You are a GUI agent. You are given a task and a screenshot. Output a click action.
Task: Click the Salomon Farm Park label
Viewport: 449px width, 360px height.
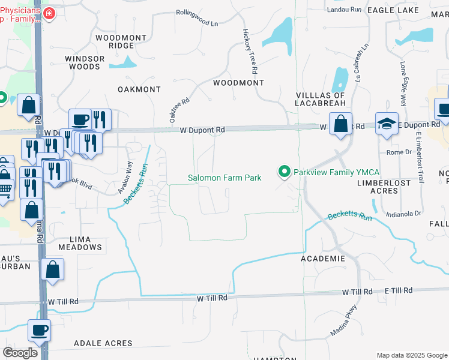(224, 178)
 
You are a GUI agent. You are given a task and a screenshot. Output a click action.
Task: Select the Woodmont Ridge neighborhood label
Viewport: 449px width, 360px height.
(121, 41)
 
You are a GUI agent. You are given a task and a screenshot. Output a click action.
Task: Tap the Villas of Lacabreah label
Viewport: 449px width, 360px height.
(321, 99)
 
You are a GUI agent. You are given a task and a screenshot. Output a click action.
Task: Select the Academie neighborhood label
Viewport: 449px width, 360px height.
(322, 259)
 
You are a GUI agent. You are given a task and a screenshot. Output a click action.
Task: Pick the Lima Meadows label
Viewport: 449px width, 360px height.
(80, 243)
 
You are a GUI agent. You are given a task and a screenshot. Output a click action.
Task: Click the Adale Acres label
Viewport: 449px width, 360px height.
(103, 343)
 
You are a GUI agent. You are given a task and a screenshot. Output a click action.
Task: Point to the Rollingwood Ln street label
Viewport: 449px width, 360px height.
(197, 17)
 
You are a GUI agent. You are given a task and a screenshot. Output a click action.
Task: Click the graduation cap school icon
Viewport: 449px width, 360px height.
(387, 124)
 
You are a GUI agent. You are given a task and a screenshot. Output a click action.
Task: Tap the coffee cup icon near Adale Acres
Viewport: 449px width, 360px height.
(39, 330)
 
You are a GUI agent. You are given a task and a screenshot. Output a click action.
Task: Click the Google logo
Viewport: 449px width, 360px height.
(20, 353)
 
